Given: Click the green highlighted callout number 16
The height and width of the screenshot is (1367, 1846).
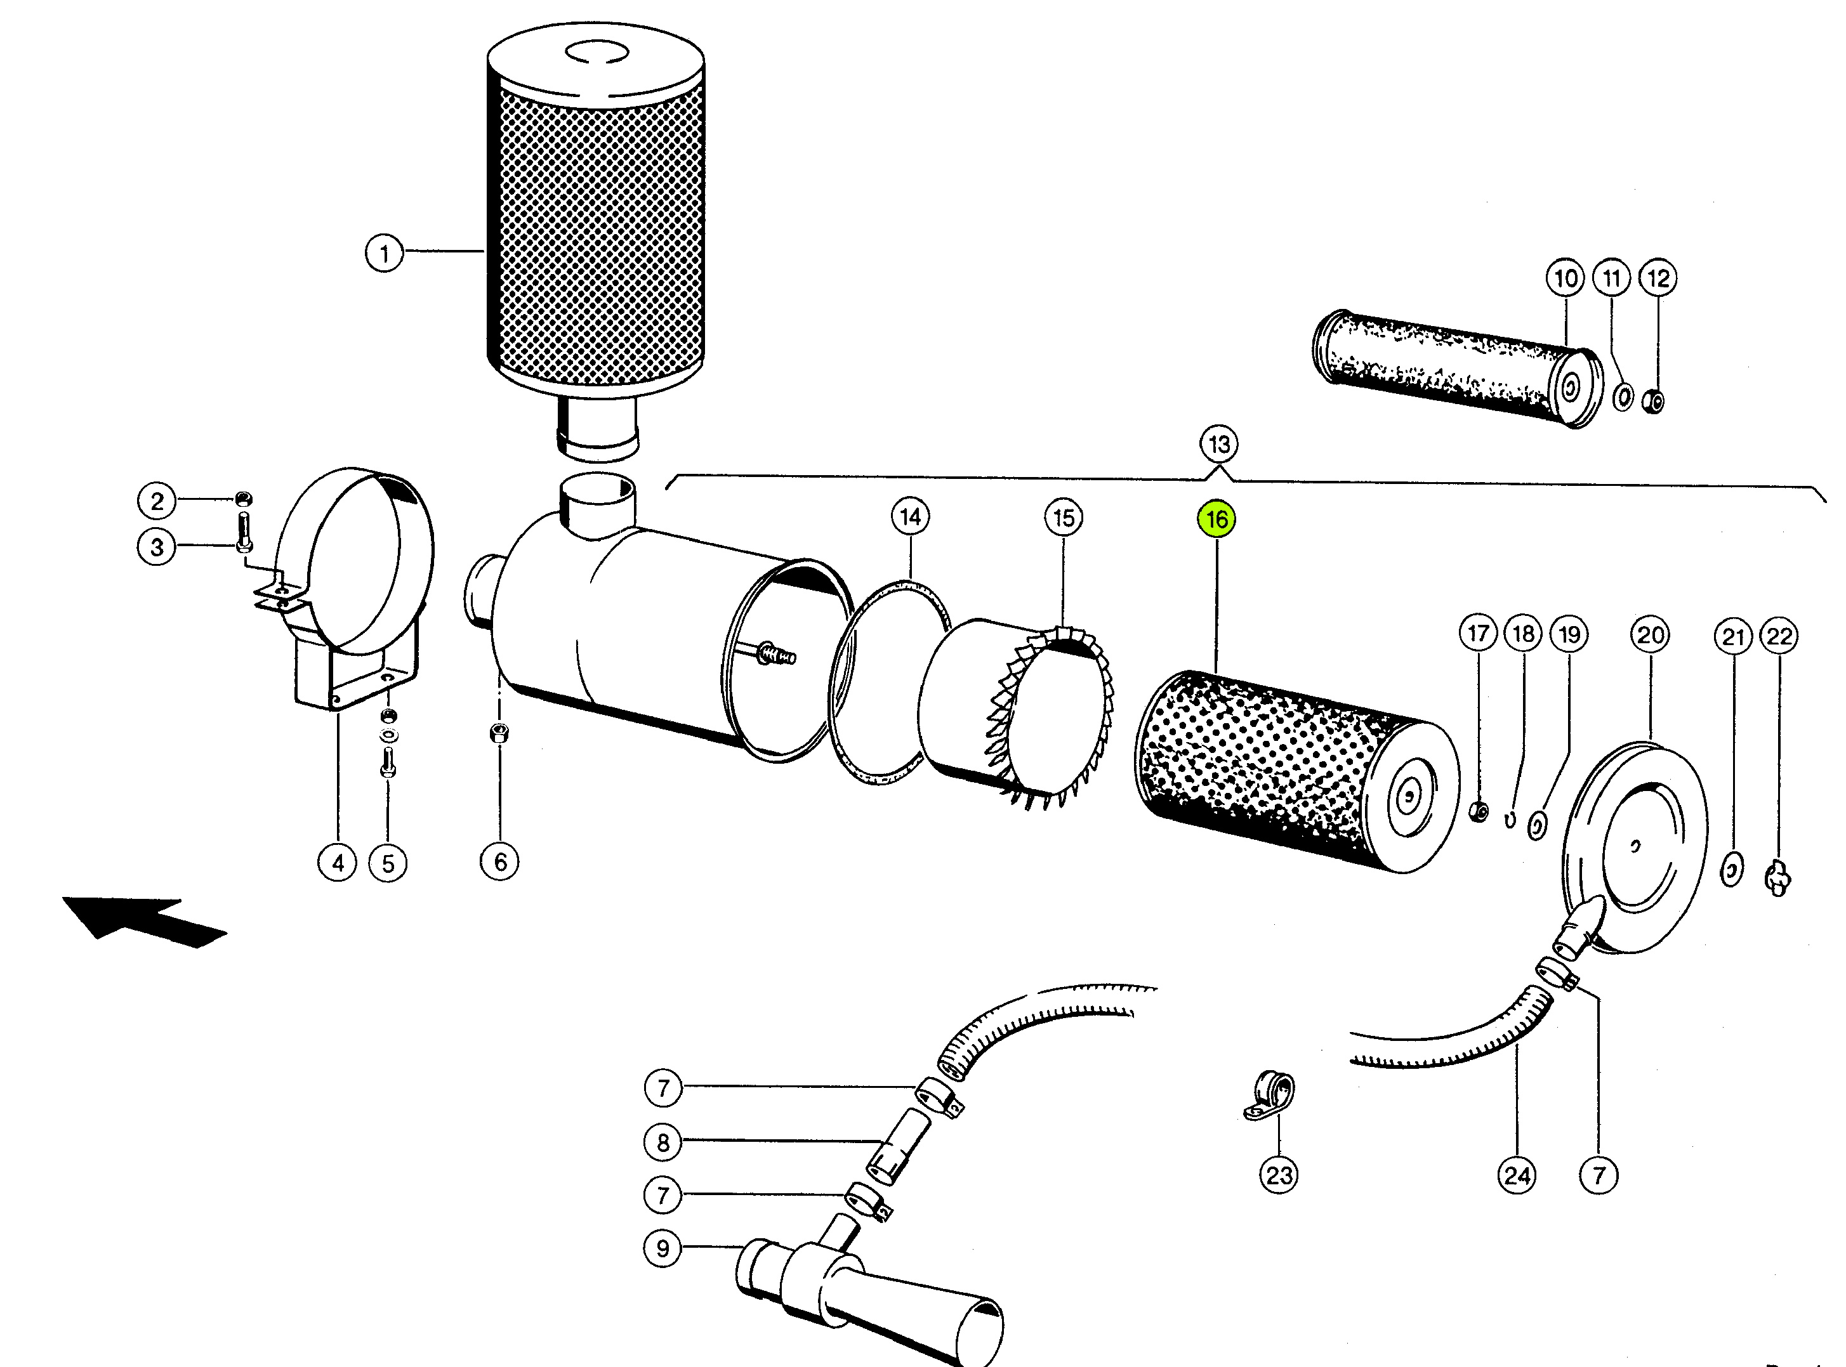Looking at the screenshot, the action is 1216,520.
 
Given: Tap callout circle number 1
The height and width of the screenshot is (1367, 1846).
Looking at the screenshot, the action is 384,252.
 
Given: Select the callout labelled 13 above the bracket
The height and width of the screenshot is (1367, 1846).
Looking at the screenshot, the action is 1218,445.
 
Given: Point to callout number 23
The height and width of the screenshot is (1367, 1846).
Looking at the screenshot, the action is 1279,1174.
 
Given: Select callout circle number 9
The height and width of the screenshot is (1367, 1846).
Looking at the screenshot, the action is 663,1248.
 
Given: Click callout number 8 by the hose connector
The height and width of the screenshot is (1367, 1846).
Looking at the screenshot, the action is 663,1142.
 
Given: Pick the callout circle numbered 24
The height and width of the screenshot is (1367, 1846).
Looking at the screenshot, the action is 1517,1174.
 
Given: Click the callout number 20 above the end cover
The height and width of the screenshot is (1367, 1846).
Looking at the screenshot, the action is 1651,635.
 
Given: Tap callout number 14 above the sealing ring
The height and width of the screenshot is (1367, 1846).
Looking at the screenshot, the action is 911,517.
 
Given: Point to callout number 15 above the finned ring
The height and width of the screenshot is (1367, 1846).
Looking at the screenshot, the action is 1064,518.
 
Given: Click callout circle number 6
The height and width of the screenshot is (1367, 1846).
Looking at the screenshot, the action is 500,862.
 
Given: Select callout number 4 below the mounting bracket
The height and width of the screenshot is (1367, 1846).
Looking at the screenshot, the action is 338,863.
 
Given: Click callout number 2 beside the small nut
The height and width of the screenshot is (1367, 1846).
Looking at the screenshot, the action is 157,500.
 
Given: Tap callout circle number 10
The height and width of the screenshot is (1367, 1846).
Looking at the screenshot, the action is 1566,278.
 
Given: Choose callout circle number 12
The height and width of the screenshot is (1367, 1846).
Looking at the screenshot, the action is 1658,278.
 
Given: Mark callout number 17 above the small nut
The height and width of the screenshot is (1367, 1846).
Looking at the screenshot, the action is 1479,634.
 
